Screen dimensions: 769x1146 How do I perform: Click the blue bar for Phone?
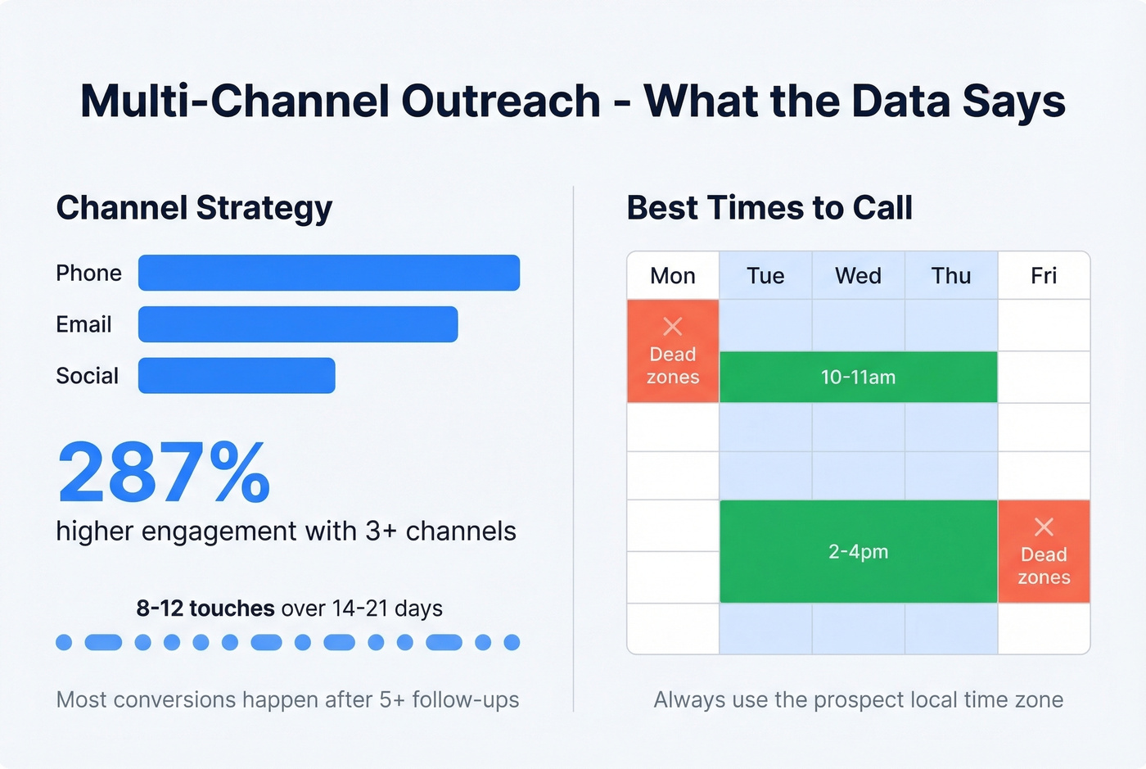click(328, 273)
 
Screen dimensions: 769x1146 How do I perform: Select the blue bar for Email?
click(297, 324)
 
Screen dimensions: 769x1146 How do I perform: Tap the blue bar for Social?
click(237, 376)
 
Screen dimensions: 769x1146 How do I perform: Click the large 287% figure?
click(164, 473)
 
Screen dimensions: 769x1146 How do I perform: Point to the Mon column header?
click(673, 276)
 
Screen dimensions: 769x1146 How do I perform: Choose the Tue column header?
click(765, 276)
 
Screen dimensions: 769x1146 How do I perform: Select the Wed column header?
click(858, 276)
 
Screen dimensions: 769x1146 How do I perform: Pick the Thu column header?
click(951, 276)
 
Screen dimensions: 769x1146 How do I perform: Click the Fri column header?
click(1044, 276)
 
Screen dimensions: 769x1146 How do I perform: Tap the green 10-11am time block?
click(858, 378)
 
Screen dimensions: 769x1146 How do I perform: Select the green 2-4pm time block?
click(858, 552)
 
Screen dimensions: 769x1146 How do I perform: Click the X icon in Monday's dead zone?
click(673, 327)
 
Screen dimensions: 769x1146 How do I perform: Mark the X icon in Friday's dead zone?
click(1044, 527)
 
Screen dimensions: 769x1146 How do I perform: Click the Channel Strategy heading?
click(194, 208)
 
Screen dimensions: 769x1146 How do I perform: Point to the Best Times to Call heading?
click(769, 208)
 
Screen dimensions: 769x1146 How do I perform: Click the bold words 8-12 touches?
click(205, 608)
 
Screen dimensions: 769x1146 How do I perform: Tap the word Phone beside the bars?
click(88, 274)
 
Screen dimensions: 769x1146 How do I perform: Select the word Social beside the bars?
click(87, 376)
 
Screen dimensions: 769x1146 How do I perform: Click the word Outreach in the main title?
click(500, 102)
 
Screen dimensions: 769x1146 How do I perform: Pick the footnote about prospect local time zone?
click(858, 700)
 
